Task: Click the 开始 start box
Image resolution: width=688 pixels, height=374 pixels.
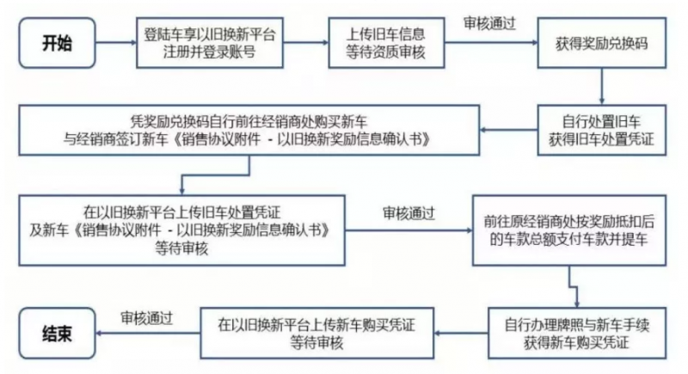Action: point(59,44)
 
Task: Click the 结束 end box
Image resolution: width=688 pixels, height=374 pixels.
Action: point(59,330)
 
